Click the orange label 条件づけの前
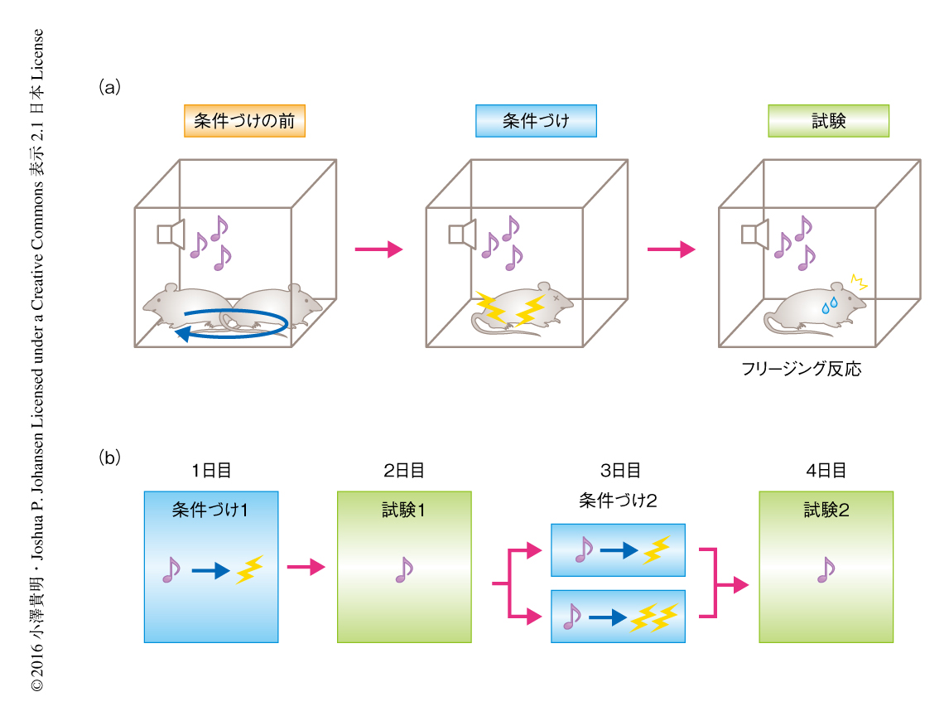pos(244,121)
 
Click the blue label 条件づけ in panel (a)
pos(537,121)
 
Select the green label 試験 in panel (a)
pos(829,121)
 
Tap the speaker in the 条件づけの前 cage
pos(171,234)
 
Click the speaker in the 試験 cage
pos(754,234)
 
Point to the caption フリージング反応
pos(802,369)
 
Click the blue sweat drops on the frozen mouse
pos(829,305)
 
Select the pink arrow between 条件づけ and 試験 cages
pos(672,249)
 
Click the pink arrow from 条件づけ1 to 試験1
pos(306,567)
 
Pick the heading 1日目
pos(211,470)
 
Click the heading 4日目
pos(826,470)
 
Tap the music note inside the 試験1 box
pos(403,569)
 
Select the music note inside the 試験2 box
pos(826,569)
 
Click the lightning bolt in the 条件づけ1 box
pos(249,569)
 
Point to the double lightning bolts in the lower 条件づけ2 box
pos(653,618)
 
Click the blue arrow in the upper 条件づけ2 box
pos(619,551)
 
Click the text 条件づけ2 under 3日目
pos(618,501)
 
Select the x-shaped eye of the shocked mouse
pos(556,298)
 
